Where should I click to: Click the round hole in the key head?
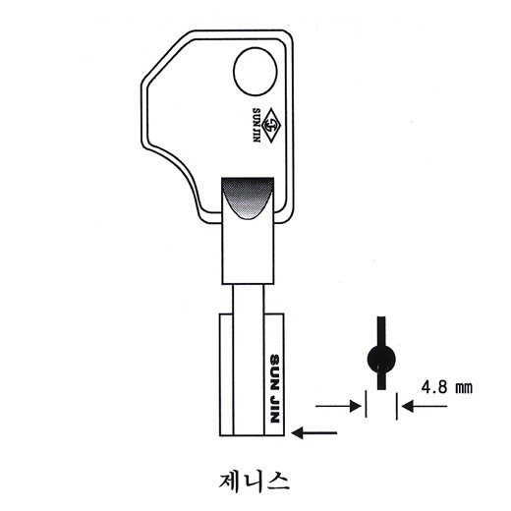255,72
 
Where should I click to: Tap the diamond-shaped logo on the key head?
271,126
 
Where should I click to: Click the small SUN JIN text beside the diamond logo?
256,125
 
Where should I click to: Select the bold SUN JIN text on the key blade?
274,388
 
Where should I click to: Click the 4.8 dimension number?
433,387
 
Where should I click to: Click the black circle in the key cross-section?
381,360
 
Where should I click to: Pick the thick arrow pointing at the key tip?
313,432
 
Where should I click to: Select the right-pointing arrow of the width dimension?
338,407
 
